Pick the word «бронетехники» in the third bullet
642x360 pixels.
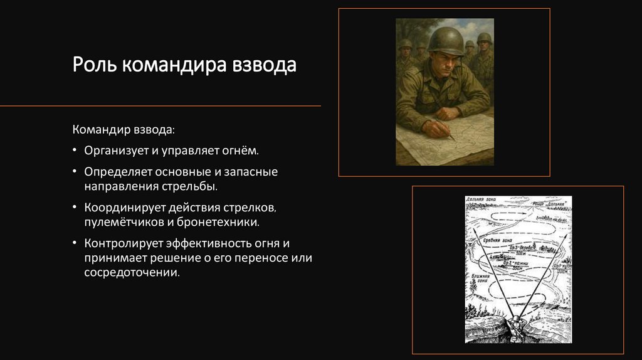225,222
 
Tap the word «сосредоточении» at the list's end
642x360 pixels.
131,273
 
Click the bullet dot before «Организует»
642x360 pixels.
75,151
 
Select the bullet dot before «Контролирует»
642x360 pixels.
75,243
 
